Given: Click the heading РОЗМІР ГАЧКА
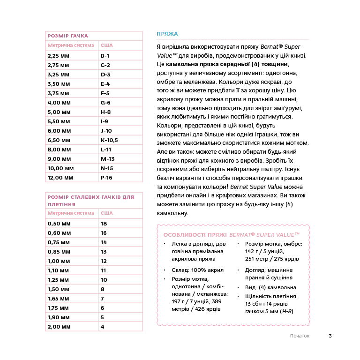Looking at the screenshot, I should pyautogui.click(x=68, y=36).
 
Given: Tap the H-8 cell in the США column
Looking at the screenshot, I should pyautogui.click(x=105, y=112).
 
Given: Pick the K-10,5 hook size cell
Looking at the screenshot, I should pyautogui.click(x=109, y=140).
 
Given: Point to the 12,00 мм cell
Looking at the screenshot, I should pyautogui.click(x=60, y=178).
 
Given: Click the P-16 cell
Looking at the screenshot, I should pyautogui.click(x=106, y=178).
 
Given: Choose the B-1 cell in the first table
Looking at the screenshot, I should pyautogui.click(x=105, y=56).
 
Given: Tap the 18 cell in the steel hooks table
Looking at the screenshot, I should pyautogui.click(x=104, y=224).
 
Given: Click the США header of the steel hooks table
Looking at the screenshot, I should pyautogui.click(x=106, y=213).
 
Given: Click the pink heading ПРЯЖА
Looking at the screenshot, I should pyautogui.click(x=167, y=34).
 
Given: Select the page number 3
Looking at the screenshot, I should pyautogui.click(x=330, y=336).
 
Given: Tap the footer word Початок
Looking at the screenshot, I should pyautogui.click(x=300, y=336).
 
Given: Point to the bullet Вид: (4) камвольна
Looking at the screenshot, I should pyautogui.click(x=270, y=287).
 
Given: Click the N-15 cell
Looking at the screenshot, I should pyautogui.click(x=107, y=168).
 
